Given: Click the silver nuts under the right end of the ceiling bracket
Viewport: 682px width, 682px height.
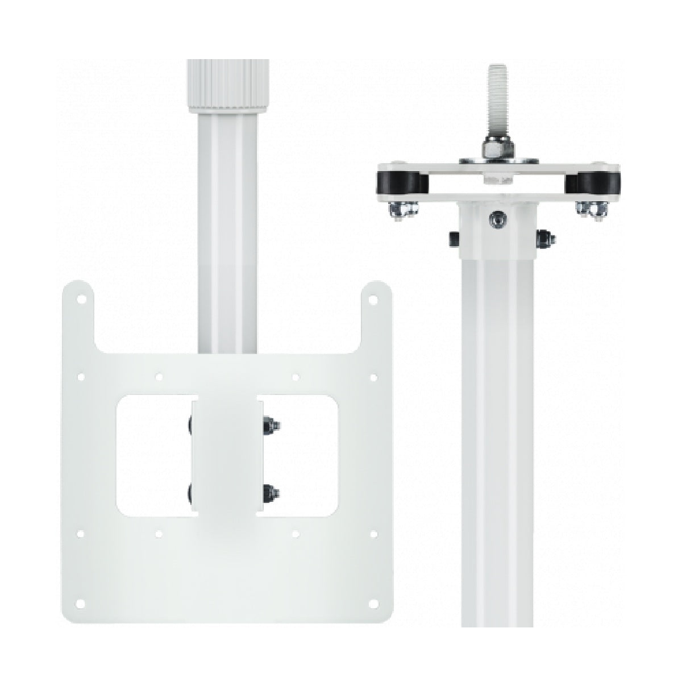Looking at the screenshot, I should (592, 211).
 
